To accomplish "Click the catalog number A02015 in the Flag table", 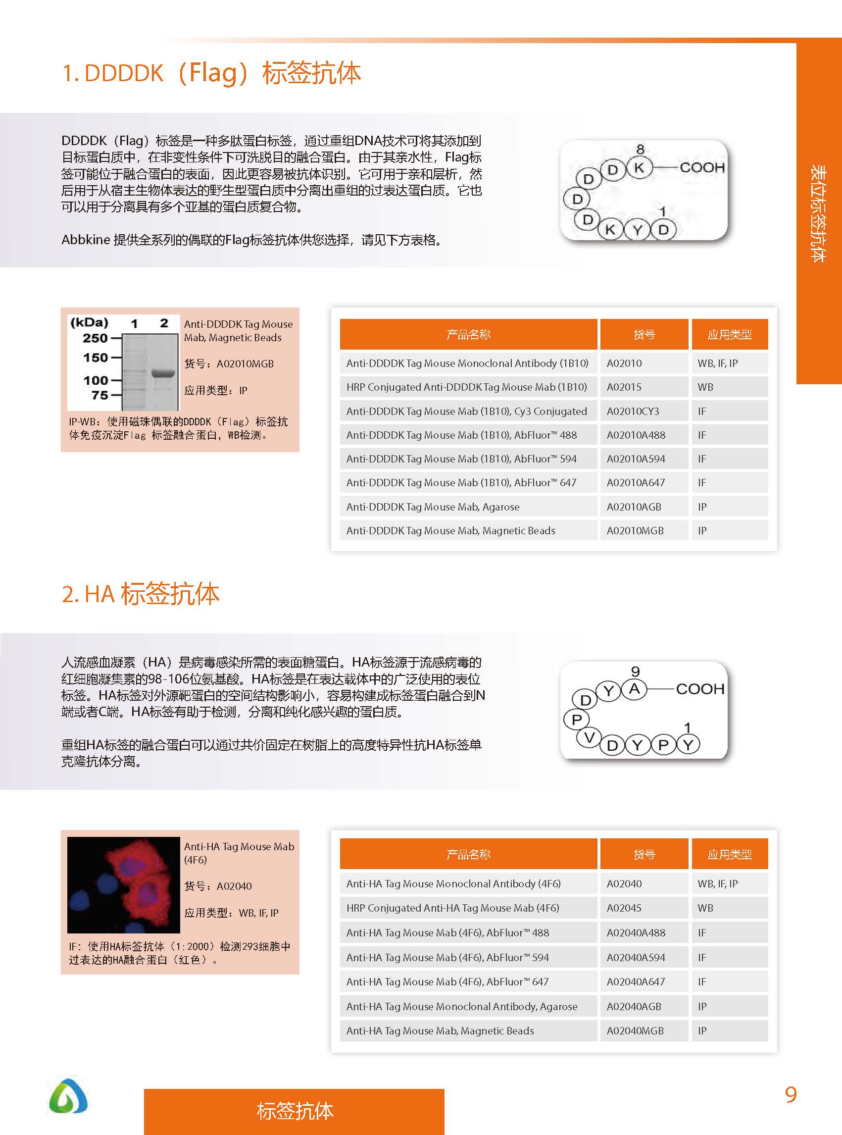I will [x=624, y=387].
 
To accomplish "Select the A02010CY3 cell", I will [x=633, y=411].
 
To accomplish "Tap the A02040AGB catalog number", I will [x=634, y=1006].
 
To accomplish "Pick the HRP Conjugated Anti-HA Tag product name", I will [x=452, y=908].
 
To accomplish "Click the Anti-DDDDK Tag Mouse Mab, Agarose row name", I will [x=433, y=506].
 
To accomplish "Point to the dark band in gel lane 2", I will [x=163, y=373].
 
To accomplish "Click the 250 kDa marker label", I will [x=96, y=338].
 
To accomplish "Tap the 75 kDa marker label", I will [x=99, y=395].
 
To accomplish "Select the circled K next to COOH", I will [x=639, y=167].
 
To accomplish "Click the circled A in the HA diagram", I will [x=634, y=689].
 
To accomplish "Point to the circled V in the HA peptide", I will [x=589, y=738].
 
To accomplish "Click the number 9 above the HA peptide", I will [x=635, y=671].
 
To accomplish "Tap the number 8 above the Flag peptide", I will [x=640, y=149].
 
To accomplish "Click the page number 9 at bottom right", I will [x=791, y=1095].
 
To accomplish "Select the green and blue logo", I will [x=68, y=1095].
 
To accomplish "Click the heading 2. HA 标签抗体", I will [x=140, y=594].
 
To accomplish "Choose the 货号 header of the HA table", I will [x=644, y=854].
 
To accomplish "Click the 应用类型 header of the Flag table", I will [x=729, y=334].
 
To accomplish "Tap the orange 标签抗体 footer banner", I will [x=294, y=1111].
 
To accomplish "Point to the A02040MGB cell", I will [x=635, y=1031].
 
